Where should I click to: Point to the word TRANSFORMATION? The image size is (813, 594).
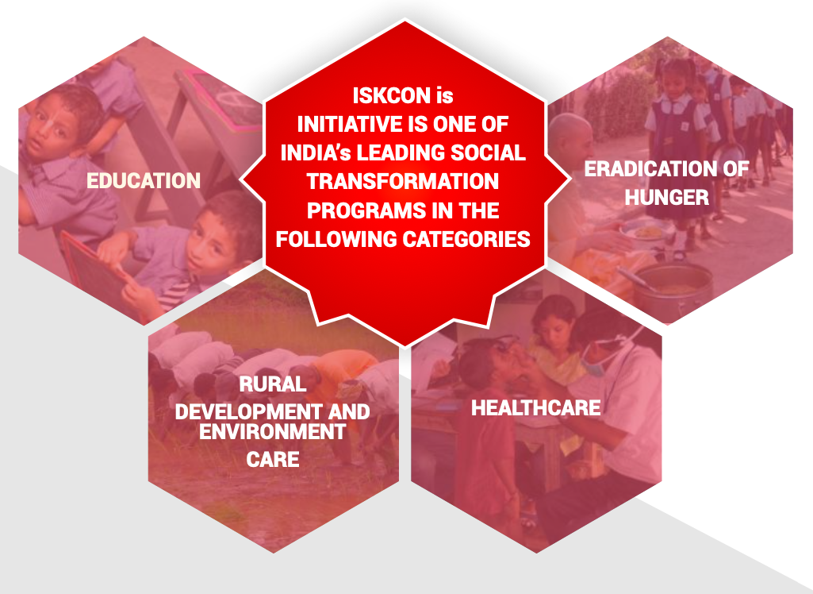pos(403,181)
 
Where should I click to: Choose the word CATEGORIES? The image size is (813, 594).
pos(466,239)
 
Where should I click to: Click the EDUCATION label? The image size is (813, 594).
pos(143,181)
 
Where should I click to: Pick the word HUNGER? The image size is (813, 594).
pos(667,197)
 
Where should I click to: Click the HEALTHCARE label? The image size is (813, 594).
pos(536,407)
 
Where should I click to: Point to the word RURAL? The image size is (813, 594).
pos(273,384)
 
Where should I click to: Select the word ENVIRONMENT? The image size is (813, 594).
pos(273,431)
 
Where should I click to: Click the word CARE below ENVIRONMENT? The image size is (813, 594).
pos(273,460)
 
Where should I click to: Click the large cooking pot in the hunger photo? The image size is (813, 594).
pos(673,291)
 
